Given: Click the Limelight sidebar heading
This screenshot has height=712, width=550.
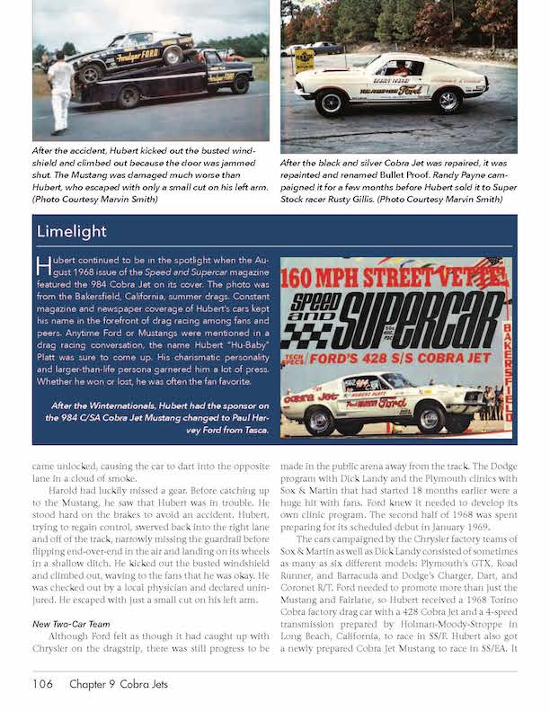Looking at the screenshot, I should click(x=72, y=231).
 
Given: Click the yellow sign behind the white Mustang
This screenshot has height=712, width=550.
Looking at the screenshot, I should click(x=305, y=60).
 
